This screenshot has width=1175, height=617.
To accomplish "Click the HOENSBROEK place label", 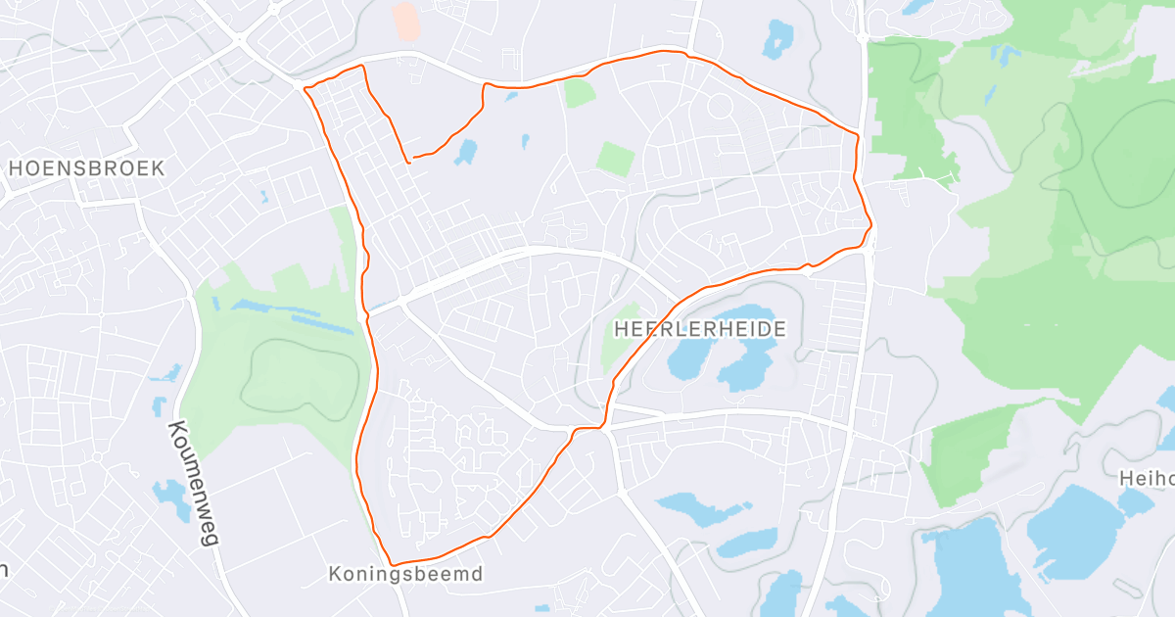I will pos(86,167).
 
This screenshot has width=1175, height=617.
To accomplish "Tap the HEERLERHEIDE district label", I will pos(700,328).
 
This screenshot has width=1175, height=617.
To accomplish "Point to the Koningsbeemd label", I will pos(405,574).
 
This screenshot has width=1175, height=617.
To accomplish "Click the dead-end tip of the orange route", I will pos(411,158).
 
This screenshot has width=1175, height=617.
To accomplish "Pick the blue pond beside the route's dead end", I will pos(465,152).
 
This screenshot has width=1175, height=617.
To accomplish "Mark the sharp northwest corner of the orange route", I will pos(305,88).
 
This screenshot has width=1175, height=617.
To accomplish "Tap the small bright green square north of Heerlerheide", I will pos(616,159).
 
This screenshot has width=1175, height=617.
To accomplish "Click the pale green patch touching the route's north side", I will pos(579,93).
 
